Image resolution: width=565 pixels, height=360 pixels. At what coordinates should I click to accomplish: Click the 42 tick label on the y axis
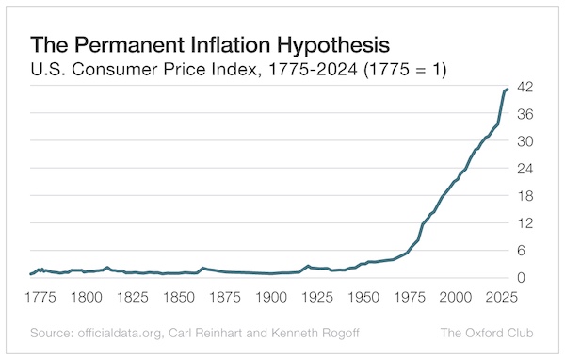[525, 87]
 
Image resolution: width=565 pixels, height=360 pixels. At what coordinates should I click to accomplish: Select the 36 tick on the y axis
[525, 114]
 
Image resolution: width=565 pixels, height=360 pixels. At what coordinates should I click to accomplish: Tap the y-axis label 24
[525, 169]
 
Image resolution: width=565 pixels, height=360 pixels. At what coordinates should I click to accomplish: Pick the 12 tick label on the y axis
[525, 223]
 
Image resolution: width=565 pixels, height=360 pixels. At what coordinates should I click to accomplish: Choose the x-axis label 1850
[177, 297]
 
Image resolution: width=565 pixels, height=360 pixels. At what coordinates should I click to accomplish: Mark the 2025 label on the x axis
[493, 297]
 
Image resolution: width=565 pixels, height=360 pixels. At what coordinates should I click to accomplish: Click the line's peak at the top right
[507, 90]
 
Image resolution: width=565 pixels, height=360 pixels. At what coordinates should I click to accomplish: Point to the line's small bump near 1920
[308, 266]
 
